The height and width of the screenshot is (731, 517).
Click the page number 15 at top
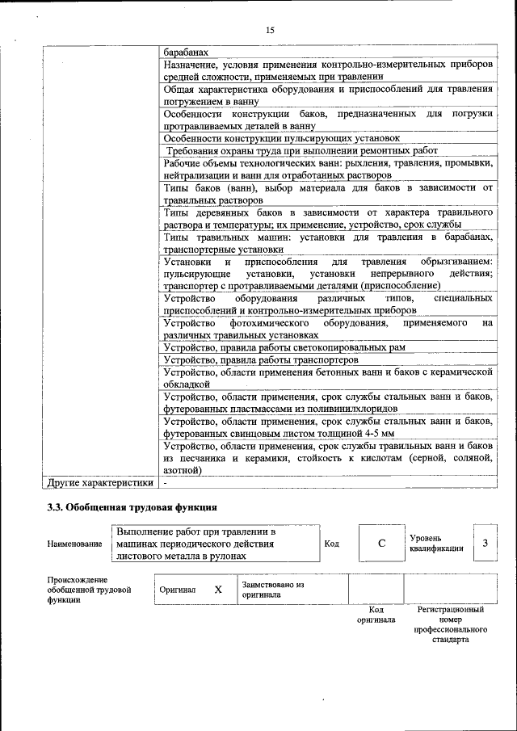point(270,30)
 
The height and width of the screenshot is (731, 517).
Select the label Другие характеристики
point(100,483)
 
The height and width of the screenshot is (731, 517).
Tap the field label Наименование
point(74,544)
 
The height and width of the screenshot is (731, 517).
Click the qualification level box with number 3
point(485,544)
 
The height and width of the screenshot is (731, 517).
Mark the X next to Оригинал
point(218,590)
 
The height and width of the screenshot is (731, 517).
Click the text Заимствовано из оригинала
point(271,590)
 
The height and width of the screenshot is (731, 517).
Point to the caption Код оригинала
point(376,615)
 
